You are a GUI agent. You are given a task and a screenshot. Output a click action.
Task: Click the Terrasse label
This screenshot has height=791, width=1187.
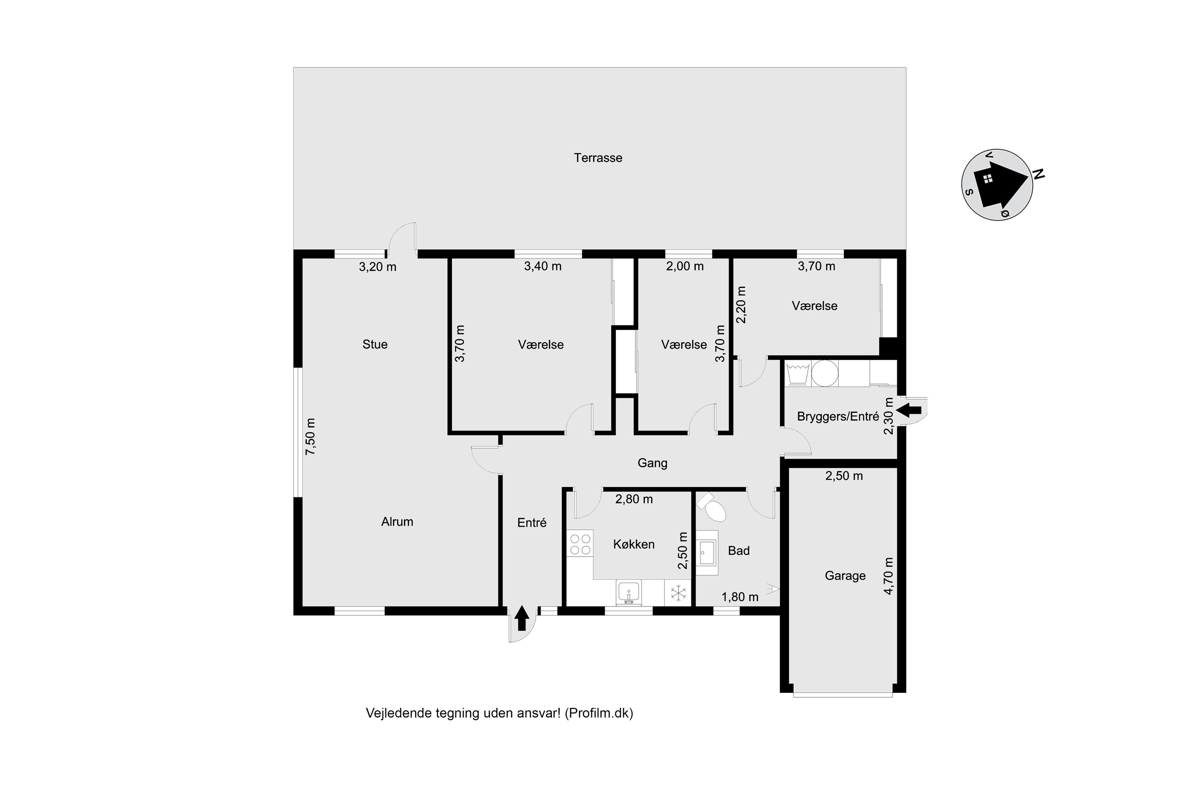pos(598,158)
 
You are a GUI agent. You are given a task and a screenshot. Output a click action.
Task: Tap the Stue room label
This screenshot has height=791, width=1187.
pos(375,344)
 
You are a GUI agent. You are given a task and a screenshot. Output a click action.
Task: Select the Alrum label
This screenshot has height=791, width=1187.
pos(397,522)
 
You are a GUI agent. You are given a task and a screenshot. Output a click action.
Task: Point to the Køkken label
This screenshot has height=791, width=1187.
pos(634,544)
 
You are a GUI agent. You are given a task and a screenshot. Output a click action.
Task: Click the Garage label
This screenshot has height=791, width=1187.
pos(845,575)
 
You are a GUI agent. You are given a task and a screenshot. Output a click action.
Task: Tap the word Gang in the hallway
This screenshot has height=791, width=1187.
pos(652,463)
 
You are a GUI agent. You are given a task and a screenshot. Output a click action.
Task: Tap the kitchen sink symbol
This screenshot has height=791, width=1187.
pos(629,593)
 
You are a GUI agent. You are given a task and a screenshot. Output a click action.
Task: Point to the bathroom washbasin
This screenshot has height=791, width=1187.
pos(707,553)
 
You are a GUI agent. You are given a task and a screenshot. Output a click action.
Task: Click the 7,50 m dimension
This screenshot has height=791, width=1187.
pos(310,437)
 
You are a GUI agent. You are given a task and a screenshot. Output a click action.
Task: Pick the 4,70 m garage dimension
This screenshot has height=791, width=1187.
pos(889,576)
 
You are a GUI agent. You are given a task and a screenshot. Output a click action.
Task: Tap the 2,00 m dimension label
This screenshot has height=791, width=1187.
pos(685,266)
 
